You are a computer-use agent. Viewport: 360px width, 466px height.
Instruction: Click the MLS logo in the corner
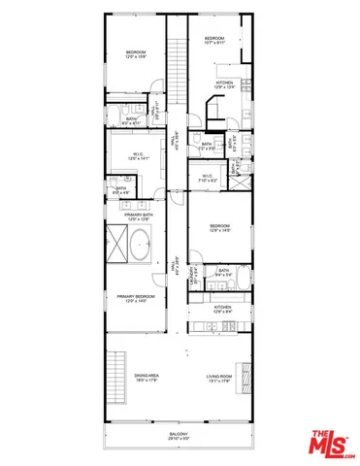[333, 442]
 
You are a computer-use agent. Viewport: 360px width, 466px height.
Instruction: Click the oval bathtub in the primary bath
[141, 246]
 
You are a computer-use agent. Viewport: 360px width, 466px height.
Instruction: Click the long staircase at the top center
[177, 63]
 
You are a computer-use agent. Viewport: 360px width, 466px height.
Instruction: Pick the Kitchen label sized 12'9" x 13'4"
[226, 84]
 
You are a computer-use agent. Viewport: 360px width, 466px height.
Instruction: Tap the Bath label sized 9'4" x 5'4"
[224, 272]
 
